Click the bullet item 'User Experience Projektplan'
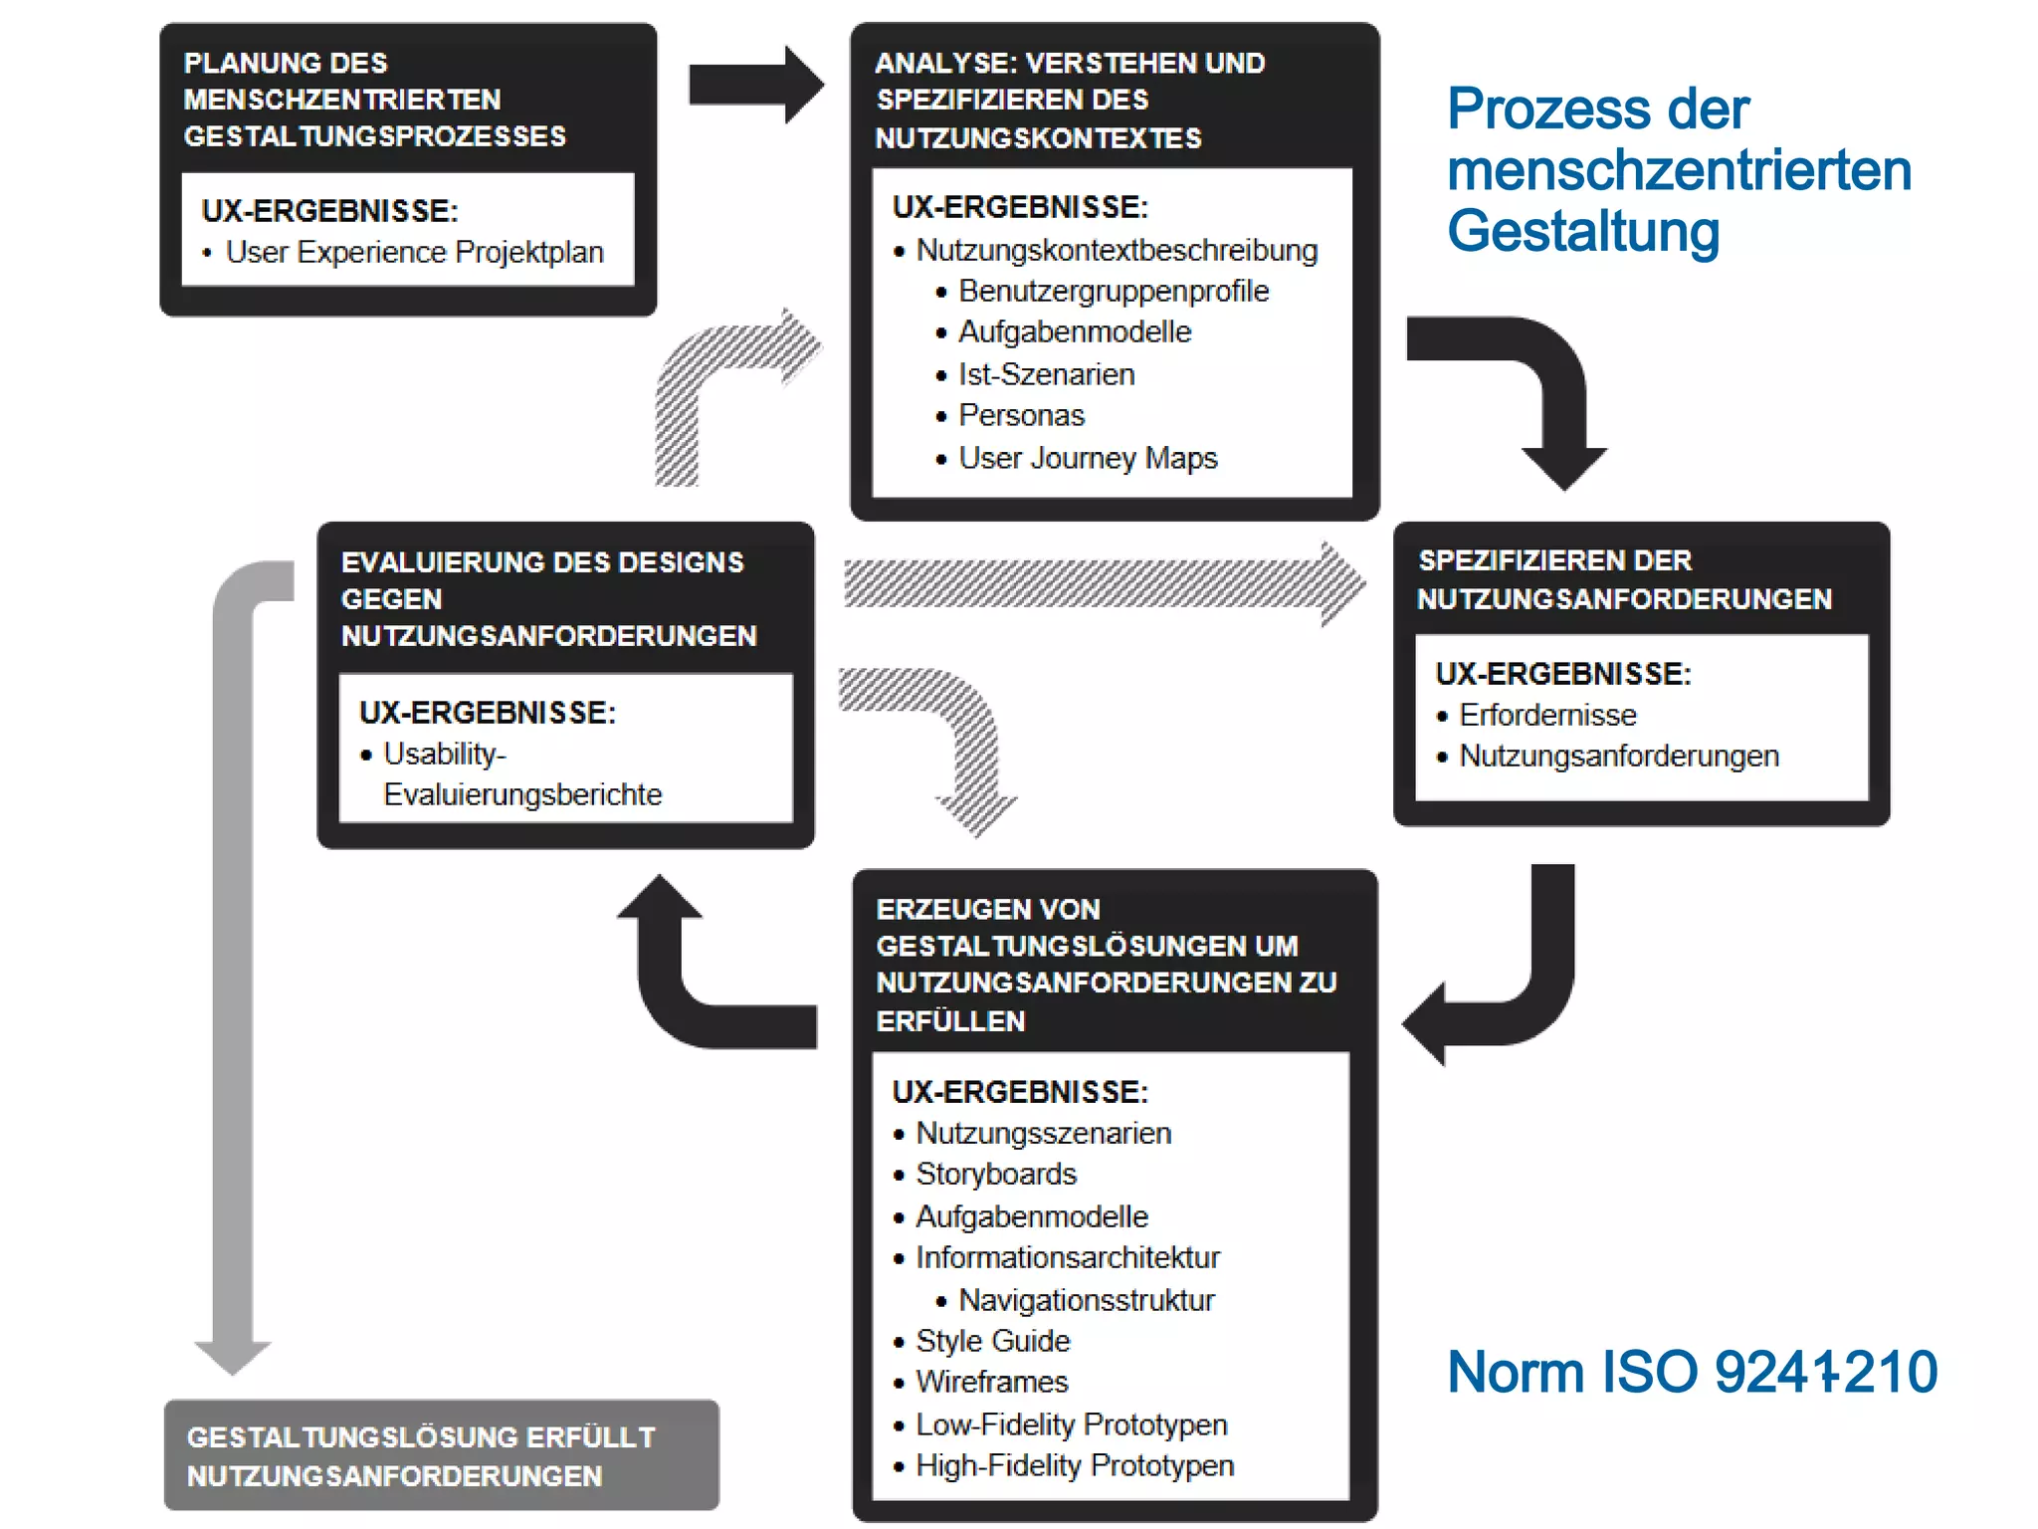point(414,252)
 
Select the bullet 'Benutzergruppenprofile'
point(1113,291)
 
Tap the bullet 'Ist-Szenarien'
point(1046,374)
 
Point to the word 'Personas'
point(1021,415)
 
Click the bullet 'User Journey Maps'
point(1087,458)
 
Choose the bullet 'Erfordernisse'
point(1547,715)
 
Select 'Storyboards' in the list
point(995,1174)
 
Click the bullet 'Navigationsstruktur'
point(1086,1300)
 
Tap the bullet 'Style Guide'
point(992,1341)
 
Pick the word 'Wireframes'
point(991,1382)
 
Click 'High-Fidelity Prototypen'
point(1074,1465)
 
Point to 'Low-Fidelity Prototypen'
point(1071,1424)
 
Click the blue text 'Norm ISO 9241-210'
point(1692,1372)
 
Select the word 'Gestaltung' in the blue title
point(1583,231)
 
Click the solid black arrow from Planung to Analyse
point(754,85)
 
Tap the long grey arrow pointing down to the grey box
point(233,976)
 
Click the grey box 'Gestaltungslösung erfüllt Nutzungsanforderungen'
point(441,1455)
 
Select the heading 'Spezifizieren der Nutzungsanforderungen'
point(1624,579)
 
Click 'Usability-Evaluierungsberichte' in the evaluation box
point(521,774)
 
